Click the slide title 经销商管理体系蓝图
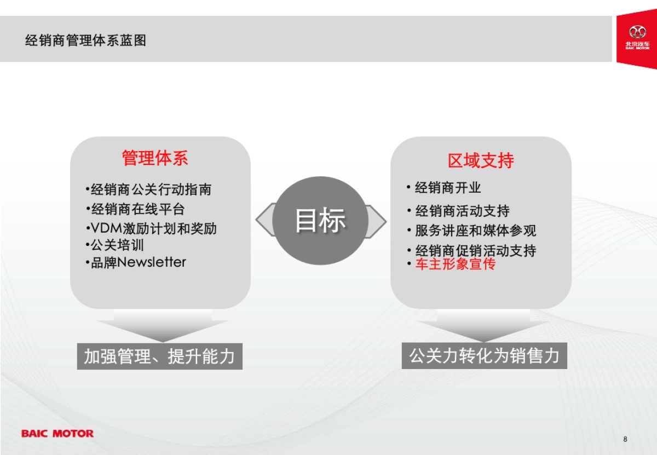[x=86, y=41]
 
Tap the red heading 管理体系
[x=155, y=158]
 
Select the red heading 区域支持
[x=481, y=160]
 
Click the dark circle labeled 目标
[x=320, y=220]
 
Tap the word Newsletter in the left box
[x=152, y=262]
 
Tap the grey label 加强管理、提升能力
[x=159, y=356]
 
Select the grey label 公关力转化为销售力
[x=485, y=355]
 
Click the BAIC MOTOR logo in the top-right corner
[x=637, y=38]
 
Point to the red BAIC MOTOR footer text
[x=57, y=433]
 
